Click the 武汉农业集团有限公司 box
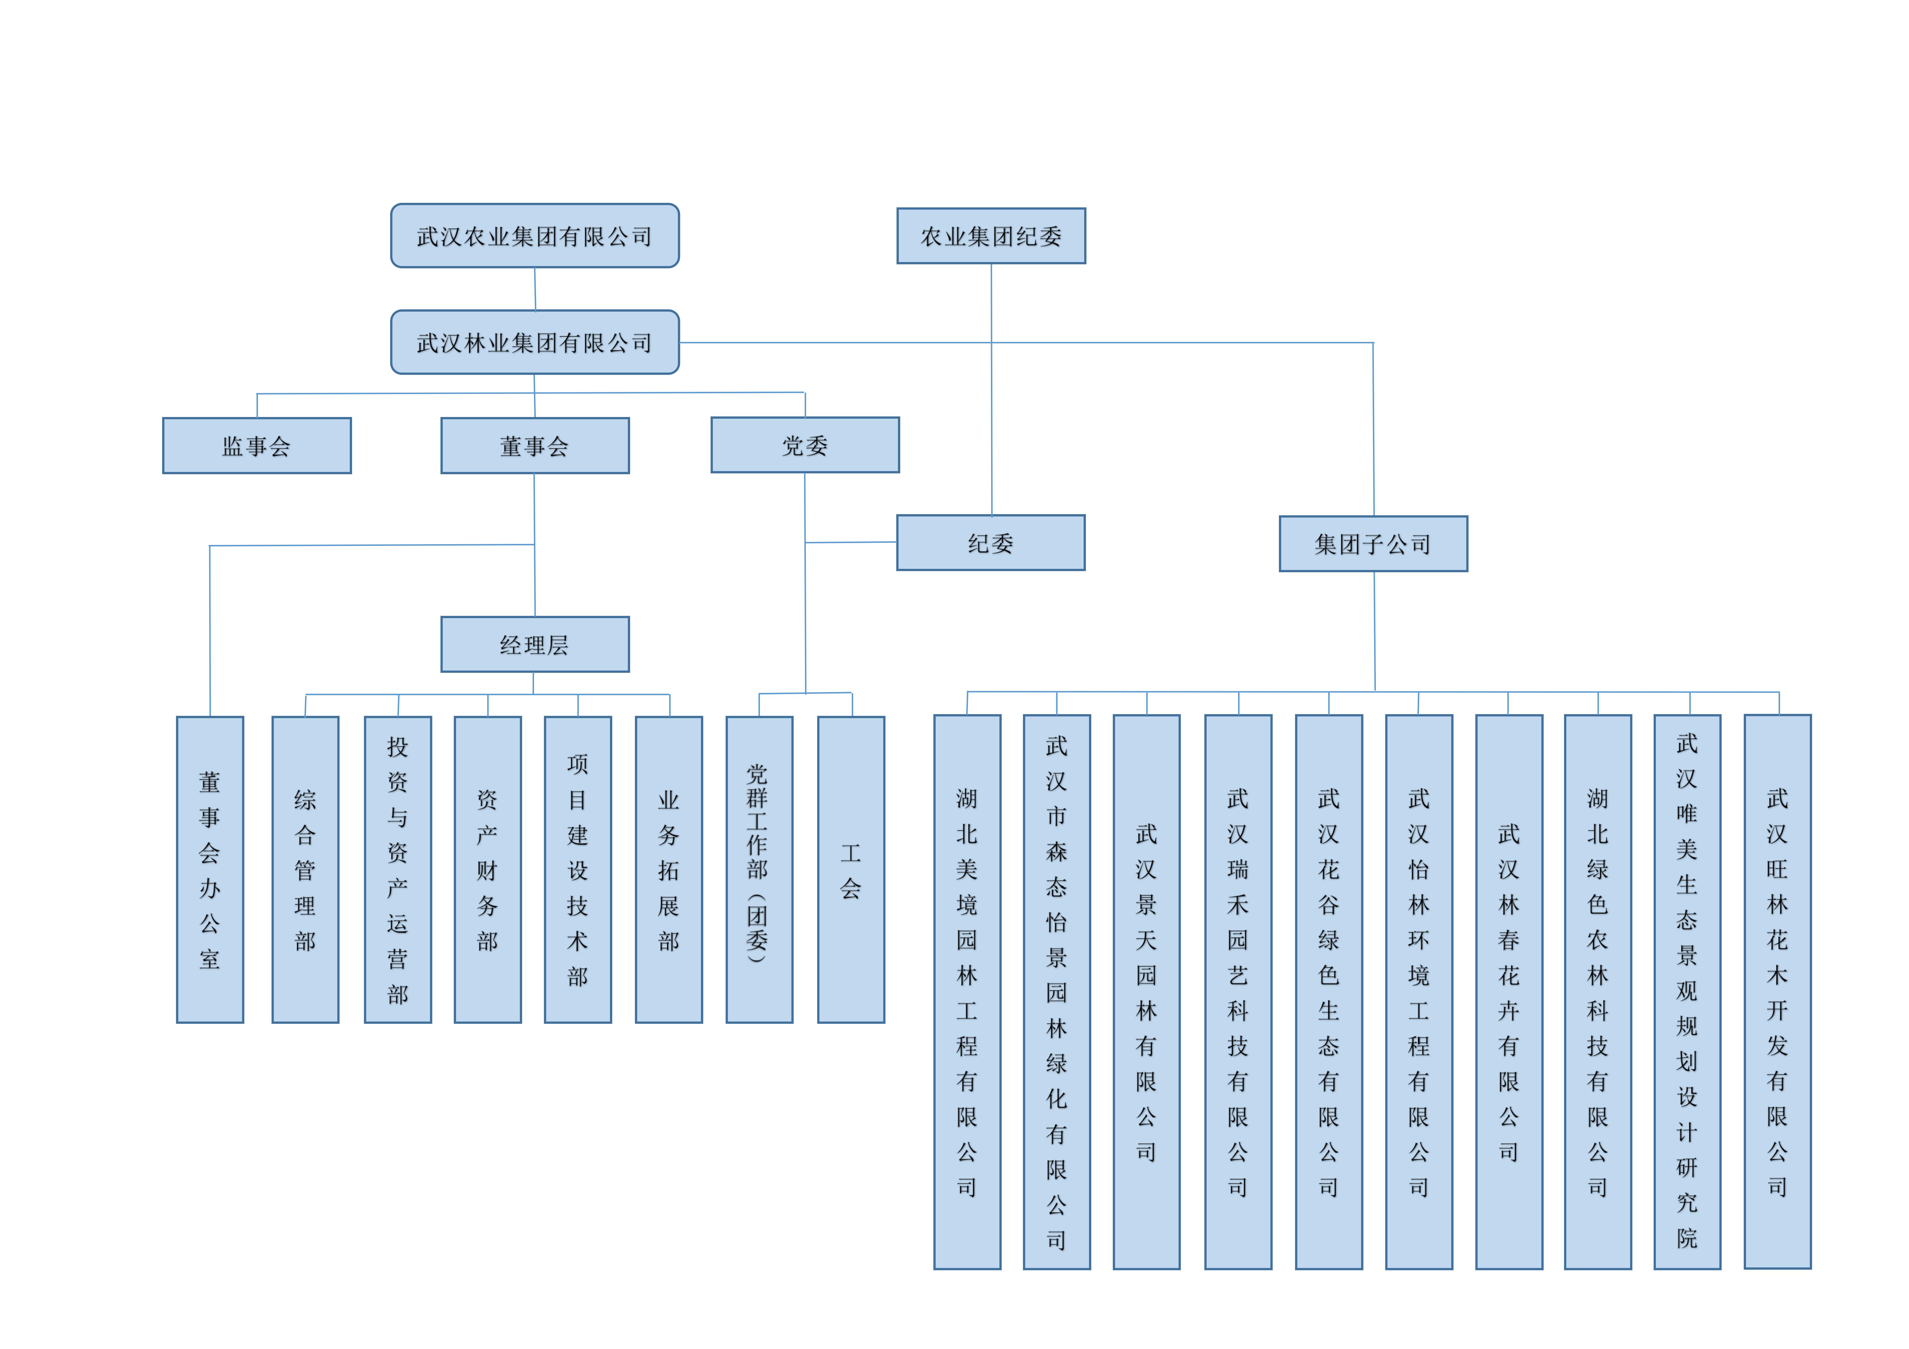point(535,236)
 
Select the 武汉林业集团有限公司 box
point(535,342)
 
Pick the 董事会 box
point(535,446)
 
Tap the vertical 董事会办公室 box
point(209,869)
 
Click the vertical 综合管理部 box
point(305,869)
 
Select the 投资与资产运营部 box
point(397,869)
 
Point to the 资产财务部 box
point(487,869)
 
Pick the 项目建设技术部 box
point(578,869)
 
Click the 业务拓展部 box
point(668,869)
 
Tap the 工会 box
point(851,869)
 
